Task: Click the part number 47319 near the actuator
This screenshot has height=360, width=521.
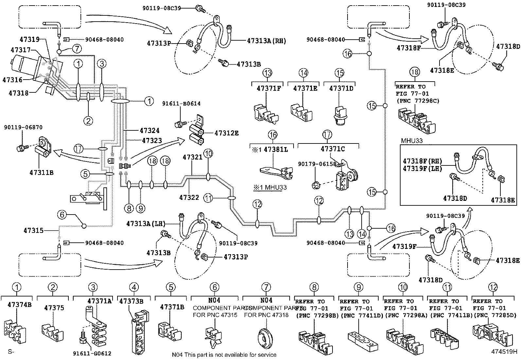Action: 29,40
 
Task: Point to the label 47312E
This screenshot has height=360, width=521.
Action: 226,133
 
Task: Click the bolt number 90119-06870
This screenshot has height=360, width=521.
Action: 23,127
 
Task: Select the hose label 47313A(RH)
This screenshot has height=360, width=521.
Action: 266,41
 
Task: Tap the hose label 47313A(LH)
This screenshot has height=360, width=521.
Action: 146,223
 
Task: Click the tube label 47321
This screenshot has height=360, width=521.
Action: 192,157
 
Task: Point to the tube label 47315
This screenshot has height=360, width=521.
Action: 33,231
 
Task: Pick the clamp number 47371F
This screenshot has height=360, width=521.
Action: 269,88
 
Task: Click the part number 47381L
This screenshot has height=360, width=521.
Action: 276,149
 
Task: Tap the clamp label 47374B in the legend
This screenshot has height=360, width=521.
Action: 20,304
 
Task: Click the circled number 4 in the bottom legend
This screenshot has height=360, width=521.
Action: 134,287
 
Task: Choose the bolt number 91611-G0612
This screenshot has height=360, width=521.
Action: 92,353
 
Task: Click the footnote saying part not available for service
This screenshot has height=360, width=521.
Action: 224,355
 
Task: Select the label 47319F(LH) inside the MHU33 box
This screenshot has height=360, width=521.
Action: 422,169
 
